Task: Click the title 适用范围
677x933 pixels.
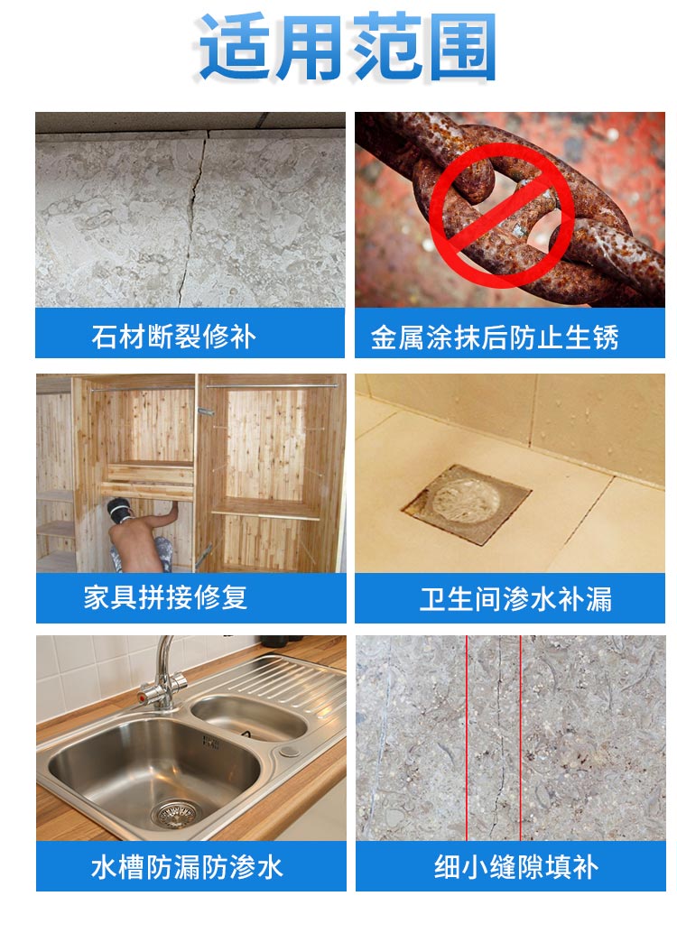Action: click(348, 47)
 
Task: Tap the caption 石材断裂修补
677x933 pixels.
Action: click(174, 337)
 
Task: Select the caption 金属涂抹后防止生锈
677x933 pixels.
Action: click(495, 337)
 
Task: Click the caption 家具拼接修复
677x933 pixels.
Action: click(165, 597)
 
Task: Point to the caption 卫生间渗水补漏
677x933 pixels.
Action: click(515, 598)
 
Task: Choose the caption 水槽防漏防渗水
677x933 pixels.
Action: click(187, 867)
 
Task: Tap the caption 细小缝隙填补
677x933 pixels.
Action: click(516, 867)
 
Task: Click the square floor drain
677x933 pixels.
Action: click(466, 504)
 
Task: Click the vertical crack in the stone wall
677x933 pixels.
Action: click(194, 219)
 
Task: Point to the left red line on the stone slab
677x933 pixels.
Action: click(466, 738)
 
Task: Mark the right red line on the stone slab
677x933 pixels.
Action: click(521, 738)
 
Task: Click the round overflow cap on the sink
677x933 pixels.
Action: click(290, 751)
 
